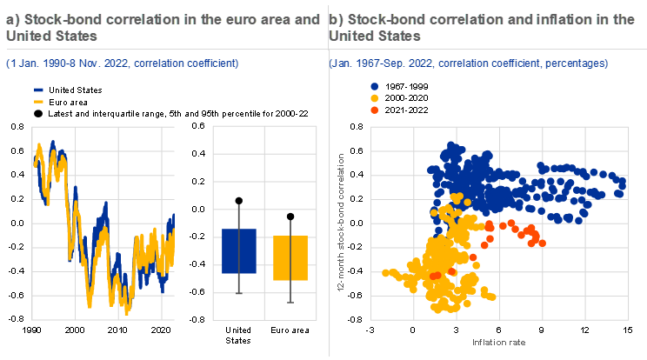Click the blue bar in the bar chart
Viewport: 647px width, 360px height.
tap(239, 251)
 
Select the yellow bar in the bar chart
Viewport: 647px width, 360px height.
tap(290, 258)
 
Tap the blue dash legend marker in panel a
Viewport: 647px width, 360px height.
tap(38, 90)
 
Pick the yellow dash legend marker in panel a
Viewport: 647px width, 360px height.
tap(38, 101)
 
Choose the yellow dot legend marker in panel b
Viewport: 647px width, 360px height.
tap(374, 98)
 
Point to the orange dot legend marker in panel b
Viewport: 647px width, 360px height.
tap(374, 110)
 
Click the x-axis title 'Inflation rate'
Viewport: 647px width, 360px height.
tap(498, 342)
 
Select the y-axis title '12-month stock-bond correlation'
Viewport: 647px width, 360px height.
tap(344, 222)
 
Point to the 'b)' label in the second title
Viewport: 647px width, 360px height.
tap(337, 19)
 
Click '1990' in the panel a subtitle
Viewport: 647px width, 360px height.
tap(43, 63)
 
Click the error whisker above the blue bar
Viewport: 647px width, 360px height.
tap(239, 217)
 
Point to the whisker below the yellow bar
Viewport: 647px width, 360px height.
tap(290, 291)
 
